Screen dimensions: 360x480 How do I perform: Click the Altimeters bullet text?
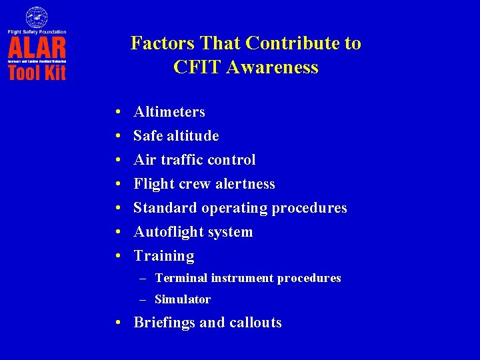[x=169, y=112]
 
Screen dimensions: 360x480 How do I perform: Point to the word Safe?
[x=147, y=136]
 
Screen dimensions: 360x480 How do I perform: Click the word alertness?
[x=243, y=184]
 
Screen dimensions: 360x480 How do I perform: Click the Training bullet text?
[x=164, y=256]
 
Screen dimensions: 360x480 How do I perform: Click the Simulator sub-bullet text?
[x=183, y=299]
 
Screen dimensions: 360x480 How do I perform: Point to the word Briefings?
[x=164, y=323]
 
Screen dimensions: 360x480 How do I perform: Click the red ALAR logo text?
[x=37, y=47]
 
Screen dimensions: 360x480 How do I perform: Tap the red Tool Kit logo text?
[x=37, y=71]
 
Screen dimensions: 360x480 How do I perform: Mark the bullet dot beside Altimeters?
[x=117, y=113]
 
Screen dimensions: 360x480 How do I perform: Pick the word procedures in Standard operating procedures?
[x=309, y=208]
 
